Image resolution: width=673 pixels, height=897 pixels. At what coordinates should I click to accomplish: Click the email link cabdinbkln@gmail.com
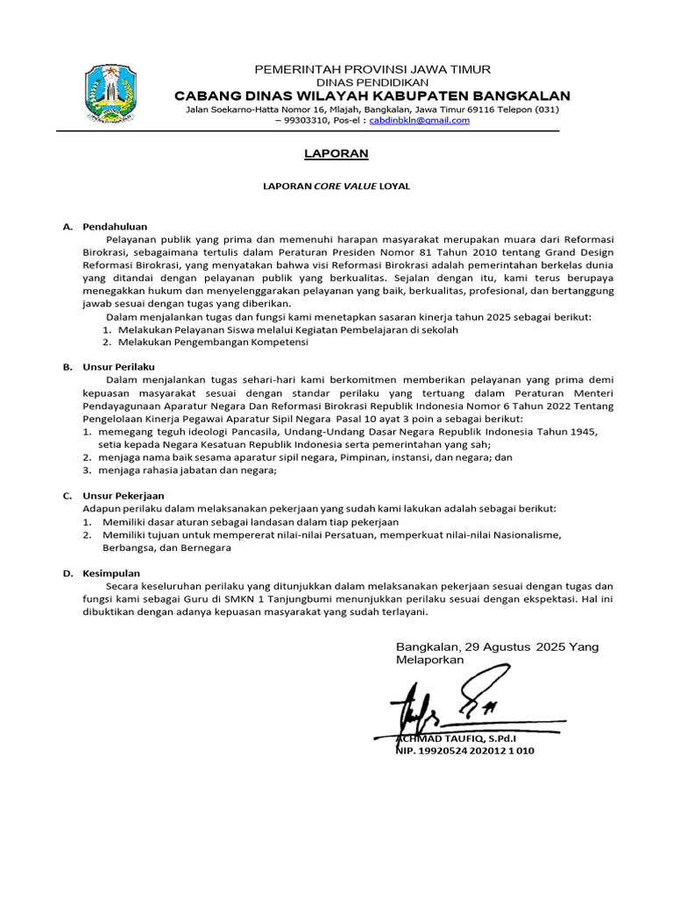[x=419, y=120]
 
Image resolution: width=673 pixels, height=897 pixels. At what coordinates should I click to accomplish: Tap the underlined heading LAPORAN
[x=323, y=154]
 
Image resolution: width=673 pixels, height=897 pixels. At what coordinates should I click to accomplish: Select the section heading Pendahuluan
[x=115, y=227]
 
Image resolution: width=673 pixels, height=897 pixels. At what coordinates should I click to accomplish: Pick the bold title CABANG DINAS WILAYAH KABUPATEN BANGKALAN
[x=372, y=95]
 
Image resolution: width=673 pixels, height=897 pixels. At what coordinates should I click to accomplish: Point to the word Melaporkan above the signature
[x=430, y=660]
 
